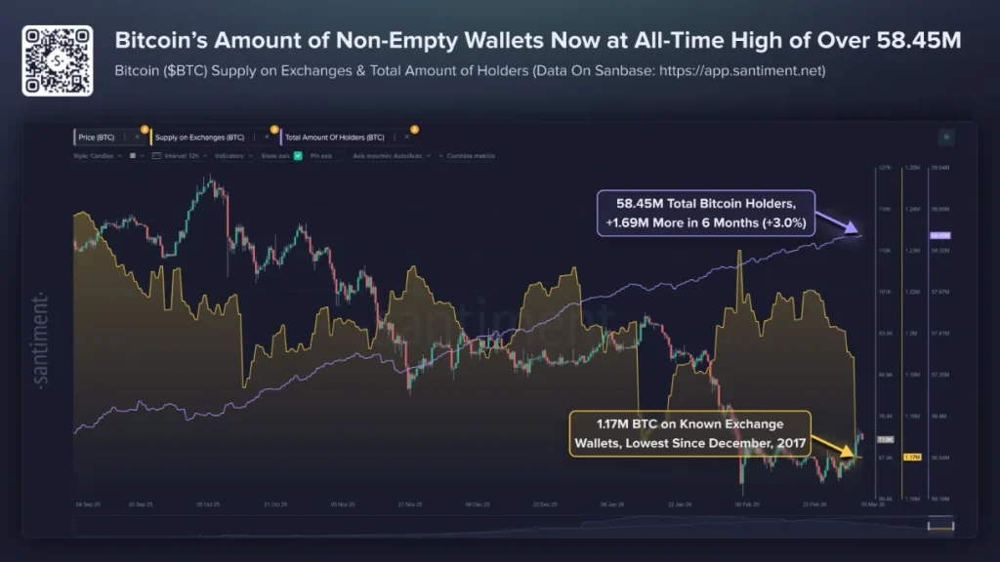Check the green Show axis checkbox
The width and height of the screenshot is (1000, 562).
coord(298,156)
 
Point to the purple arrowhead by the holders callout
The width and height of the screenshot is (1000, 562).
coord(855,231)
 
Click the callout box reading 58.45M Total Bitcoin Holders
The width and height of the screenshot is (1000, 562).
coord(706,213)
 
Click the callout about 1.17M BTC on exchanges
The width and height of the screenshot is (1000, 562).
coord(689,433)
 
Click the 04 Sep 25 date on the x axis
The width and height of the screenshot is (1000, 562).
coord(88,504)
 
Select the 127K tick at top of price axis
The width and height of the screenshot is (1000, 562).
coord(885,168)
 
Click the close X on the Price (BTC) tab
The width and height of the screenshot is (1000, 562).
coord(137,137)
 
